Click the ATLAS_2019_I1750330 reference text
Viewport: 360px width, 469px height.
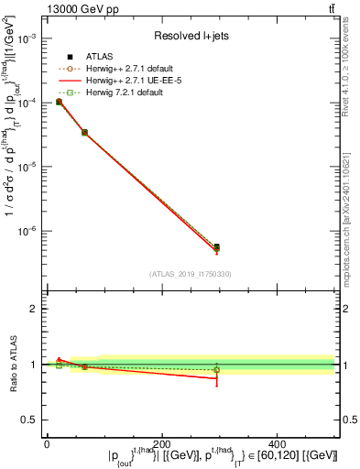[x=190, y=273]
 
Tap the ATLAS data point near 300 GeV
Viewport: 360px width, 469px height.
[x=216, y=246]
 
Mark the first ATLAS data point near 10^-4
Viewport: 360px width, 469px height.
[x=59, y=102]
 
